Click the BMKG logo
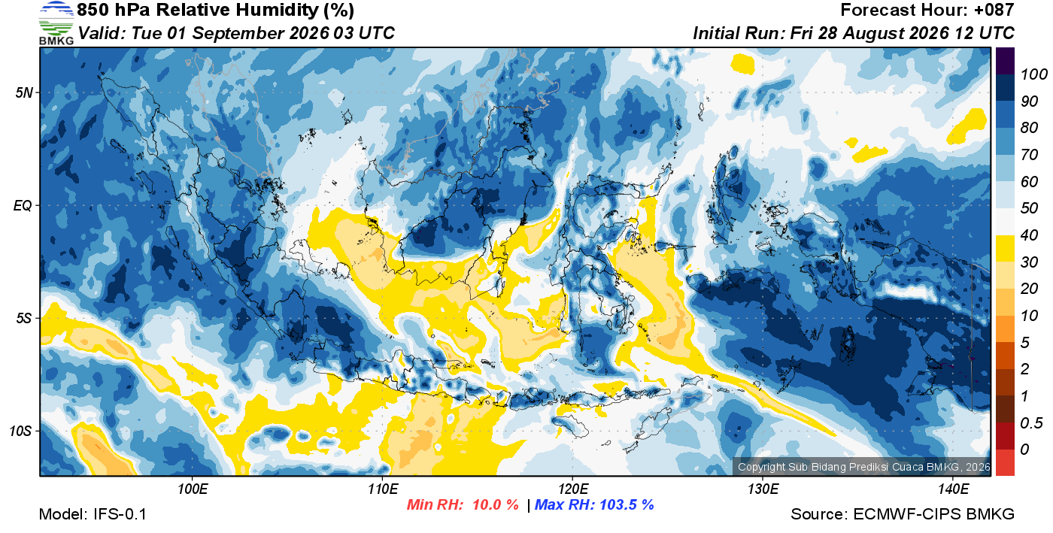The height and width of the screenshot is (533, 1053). (x=56, y=23)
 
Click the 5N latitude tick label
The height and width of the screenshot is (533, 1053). (x=24, y=92)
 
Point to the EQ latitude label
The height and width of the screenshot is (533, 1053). (x=23, y=205)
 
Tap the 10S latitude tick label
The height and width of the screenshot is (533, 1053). (x=21, y=431)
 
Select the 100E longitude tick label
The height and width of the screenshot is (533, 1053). (x=193, y=489)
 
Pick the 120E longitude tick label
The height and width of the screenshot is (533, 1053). (x=573, y=489)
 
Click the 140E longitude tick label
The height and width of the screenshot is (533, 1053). (x=954, y=489)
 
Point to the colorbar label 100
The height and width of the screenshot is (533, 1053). (x=1033, y=74)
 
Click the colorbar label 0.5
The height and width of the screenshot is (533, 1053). (x=1031, y=423)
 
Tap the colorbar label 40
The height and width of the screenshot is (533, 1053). (x=1029, y=235)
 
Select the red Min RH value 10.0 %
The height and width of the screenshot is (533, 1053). (x=496, y=504)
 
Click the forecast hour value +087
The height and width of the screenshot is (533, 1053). (x=994, y=10)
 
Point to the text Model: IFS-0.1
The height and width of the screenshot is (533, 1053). (x=93, y=514)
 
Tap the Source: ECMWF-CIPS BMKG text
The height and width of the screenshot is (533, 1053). (x=903, y=514)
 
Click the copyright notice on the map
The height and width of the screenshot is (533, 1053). (x=863, y=467)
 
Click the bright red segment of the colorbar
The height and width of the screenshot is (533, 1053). (x=1005, y=462)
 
